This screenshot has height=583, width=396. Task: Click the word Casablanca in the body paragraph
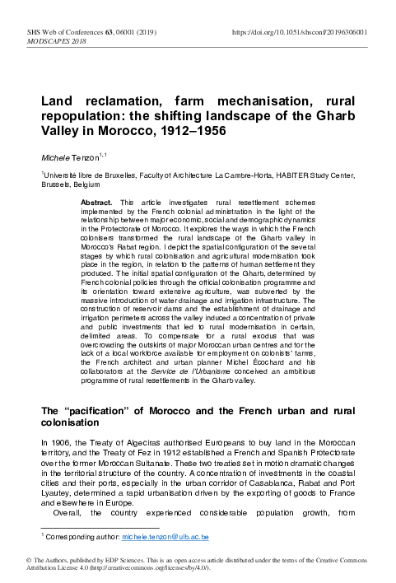[257, 473]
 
